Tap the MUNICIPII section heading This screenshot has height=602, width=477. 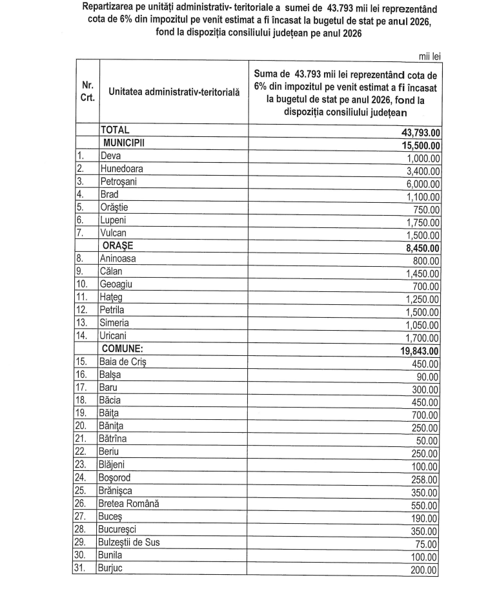[x=125, y=143]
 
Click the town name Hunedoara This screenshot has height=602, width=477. [x=121, y=169]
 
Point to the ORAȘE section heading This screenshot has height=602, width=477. [x=119, y=246]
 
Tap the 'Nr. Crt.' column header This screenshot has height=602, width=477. [x=86, y=92]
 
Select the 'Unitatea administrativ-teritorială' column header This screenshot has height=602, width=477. [x=174, y=92]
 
